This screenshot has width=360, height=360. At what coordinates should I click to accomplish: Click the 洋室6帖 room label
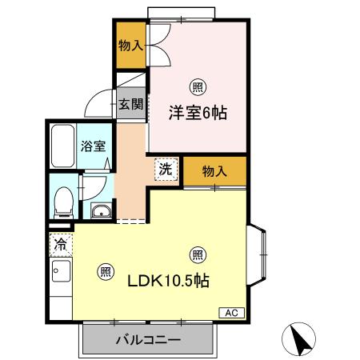point(197,113)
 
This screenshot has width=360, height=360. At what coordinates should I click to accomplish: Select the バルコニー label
point(147,339)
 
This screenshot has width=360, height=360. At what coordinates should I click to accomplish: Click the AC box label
point(229,313)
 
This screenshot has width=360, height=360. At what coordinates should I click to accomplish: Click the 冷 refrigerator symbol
point(60,243)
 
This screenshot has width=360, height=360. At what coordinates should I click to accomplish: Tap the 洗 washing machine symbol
point(164,169)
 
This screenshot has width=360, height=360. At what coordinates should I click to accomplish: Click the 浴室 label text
point(94,146)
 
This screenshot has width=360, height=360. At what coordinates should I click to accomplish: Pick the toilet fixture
point(62,201)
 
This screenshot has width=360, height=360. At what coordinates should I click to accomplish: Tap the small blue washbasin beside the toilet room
point(101,212)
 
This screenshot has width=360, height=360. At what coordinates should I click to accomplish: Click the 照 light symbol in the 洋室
point(195,86)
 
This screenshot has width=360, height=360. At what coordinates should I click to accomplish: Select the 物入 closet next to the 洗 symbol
point(214,171)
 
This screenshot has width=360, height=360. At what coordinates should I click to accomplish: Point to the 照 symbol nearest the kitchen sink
point(104,270)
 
